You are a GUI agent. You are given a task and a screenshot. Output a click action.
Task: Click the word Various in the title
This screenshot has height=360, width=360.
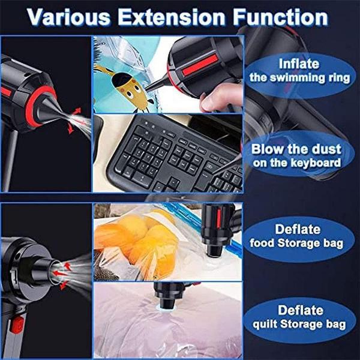tap(68, 17)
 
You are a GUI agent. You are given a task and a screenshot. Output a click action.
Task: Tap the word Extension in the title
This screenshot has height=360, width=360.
tap(171, 17)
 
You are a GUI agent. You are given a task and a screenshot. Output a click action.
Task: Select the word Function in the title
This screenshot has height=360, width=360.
tap(280, 17)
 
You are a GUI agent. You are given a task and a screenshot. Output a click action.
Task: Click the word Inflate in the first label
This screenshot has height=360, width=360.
tap(299, 64)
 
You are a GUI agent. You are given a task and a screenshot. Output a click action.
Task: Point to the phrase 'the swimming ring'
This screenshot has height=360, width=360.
tap(300, 77)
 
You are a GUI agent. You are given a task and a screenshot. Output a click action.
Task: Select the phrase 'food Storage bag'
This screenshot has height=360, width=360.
tap(296, 244)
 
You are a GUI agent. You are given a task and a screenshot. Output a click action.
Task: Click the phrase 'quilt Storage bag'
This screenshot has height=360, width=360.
tap(299, 324)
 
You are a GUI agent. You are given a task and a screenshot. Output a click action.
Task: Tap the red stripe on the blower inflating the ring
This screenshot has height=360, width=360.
tap(200, 65)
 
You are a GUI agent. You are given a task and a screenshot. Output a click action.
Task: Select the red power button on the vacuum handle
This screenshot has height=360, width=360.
tap(17, 325)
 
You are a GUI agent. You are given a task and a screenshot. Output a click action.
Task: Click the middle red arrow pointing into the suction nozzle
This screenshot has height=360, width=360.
tap(60, 274)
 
